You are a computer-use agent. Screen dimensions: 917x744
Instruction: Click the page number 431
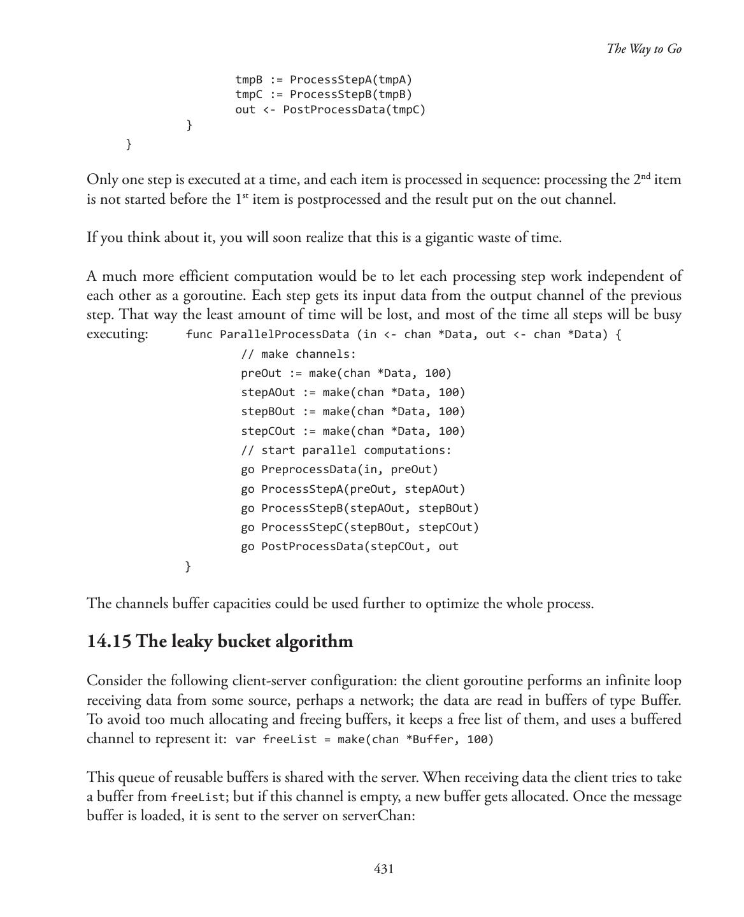tap(383, 869)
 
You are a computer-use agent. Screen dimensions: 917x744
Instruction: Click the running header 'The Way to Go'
tap(643, 49)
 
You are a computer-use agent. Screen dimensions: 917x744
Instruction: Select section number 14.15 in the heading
tap(109, 641)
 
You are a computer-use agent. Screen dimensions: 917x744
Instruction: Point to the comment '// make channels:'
tap(298, 354)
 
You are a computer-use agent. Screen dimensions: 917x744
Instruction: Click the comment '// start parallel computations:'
tap(346, 450)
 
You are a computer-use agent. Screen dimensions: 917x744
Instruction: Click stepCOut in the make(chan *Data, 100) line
tap(268, 431)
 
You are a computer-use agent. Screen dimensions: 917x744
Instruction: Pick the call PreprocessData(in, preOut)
tap(350, 469)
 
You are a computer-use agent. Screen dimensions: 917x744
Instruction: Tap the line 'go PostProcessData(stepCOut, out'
tap(350, 546)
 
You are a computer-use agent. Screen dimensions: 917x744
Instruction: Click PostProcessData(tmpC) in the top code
tap(354, 110)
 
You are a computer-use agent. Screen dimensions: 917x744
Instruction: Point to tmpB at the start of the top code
tap(248, 80)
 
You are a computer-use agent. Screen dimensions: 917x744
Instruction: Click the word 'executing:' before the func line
tap(117, 334)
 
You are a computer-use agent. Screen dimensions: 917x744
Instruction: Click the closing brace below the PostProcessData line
tap(187, 566)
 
